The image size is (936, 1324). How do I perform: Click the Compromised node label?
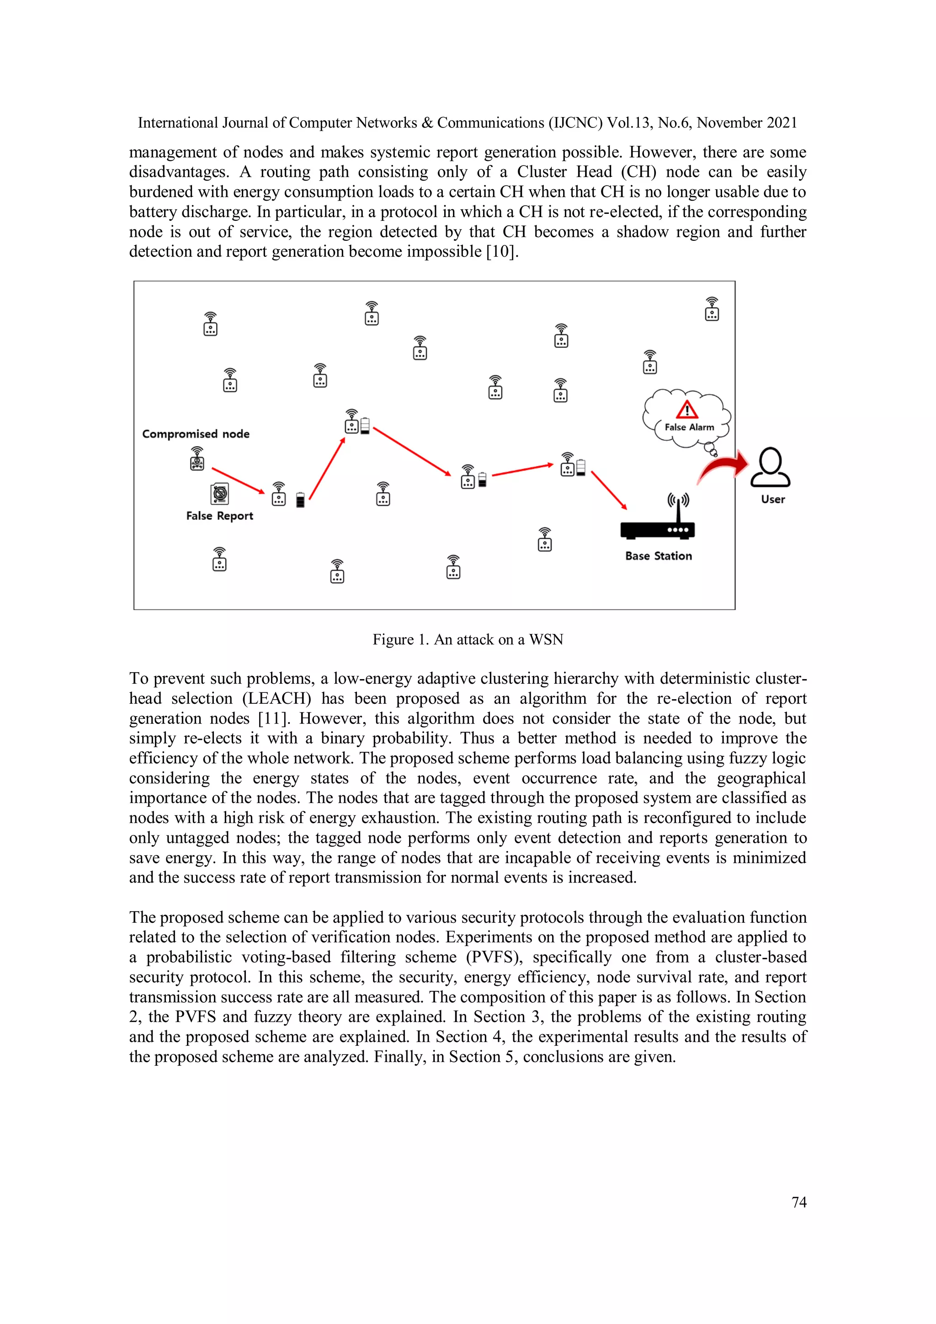pyautogui.click(x=196, y=434)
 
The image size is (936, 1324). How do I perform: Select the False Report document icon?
pyautogui.click(x=220, y=494)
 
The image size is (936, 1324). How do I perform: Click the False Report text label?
pyautogui.click(x=219, y=516)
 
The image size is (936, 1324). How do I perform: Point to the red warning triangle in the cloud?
pyautogui.click(x=687, y=410)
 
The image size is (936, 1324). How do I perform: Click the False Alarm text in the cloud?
pyautogui.click(x=689, y=427)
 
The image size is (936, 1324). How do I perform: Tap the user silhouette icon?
pyautogui.click(x=771, y=467)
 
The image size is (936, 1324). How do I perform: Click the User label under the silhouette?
pyautogui.click(x=773, y=500)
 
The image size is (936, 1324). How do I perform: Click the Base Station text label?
pyautogui.click(x=659, y=556)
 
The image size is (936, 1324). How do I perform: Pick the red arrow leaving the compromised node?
pyautogui.click(x=238, y=480)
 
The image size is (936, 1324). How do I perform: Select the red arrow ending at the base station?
pyautogui.click(x=609, y=490)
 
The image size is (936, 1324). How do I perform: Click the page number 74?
pyautogui.click(x=799, y=1202)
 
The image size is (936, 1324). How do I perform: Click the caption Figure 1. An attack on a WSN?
pyautogui.click(x=468, y=639)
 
